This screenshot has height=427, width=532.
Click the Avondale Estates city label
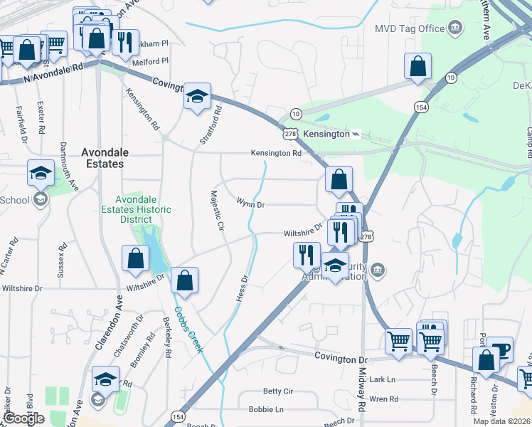(x=102, y=157)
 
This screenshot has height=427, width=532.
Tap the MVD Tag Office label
(x=409, y=28)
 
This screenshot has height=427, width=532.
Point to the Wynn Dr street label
(x=250, y=204)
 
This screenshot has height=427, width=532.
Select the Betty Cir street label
(x=277, y=391)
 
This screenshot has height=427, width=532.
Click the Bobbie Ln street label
(x=266, y=410)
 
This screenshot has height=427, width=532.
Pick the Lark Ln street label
(x=382, y=380)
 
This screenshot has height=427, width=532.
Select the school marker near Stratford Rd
(x=196, y=97)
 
